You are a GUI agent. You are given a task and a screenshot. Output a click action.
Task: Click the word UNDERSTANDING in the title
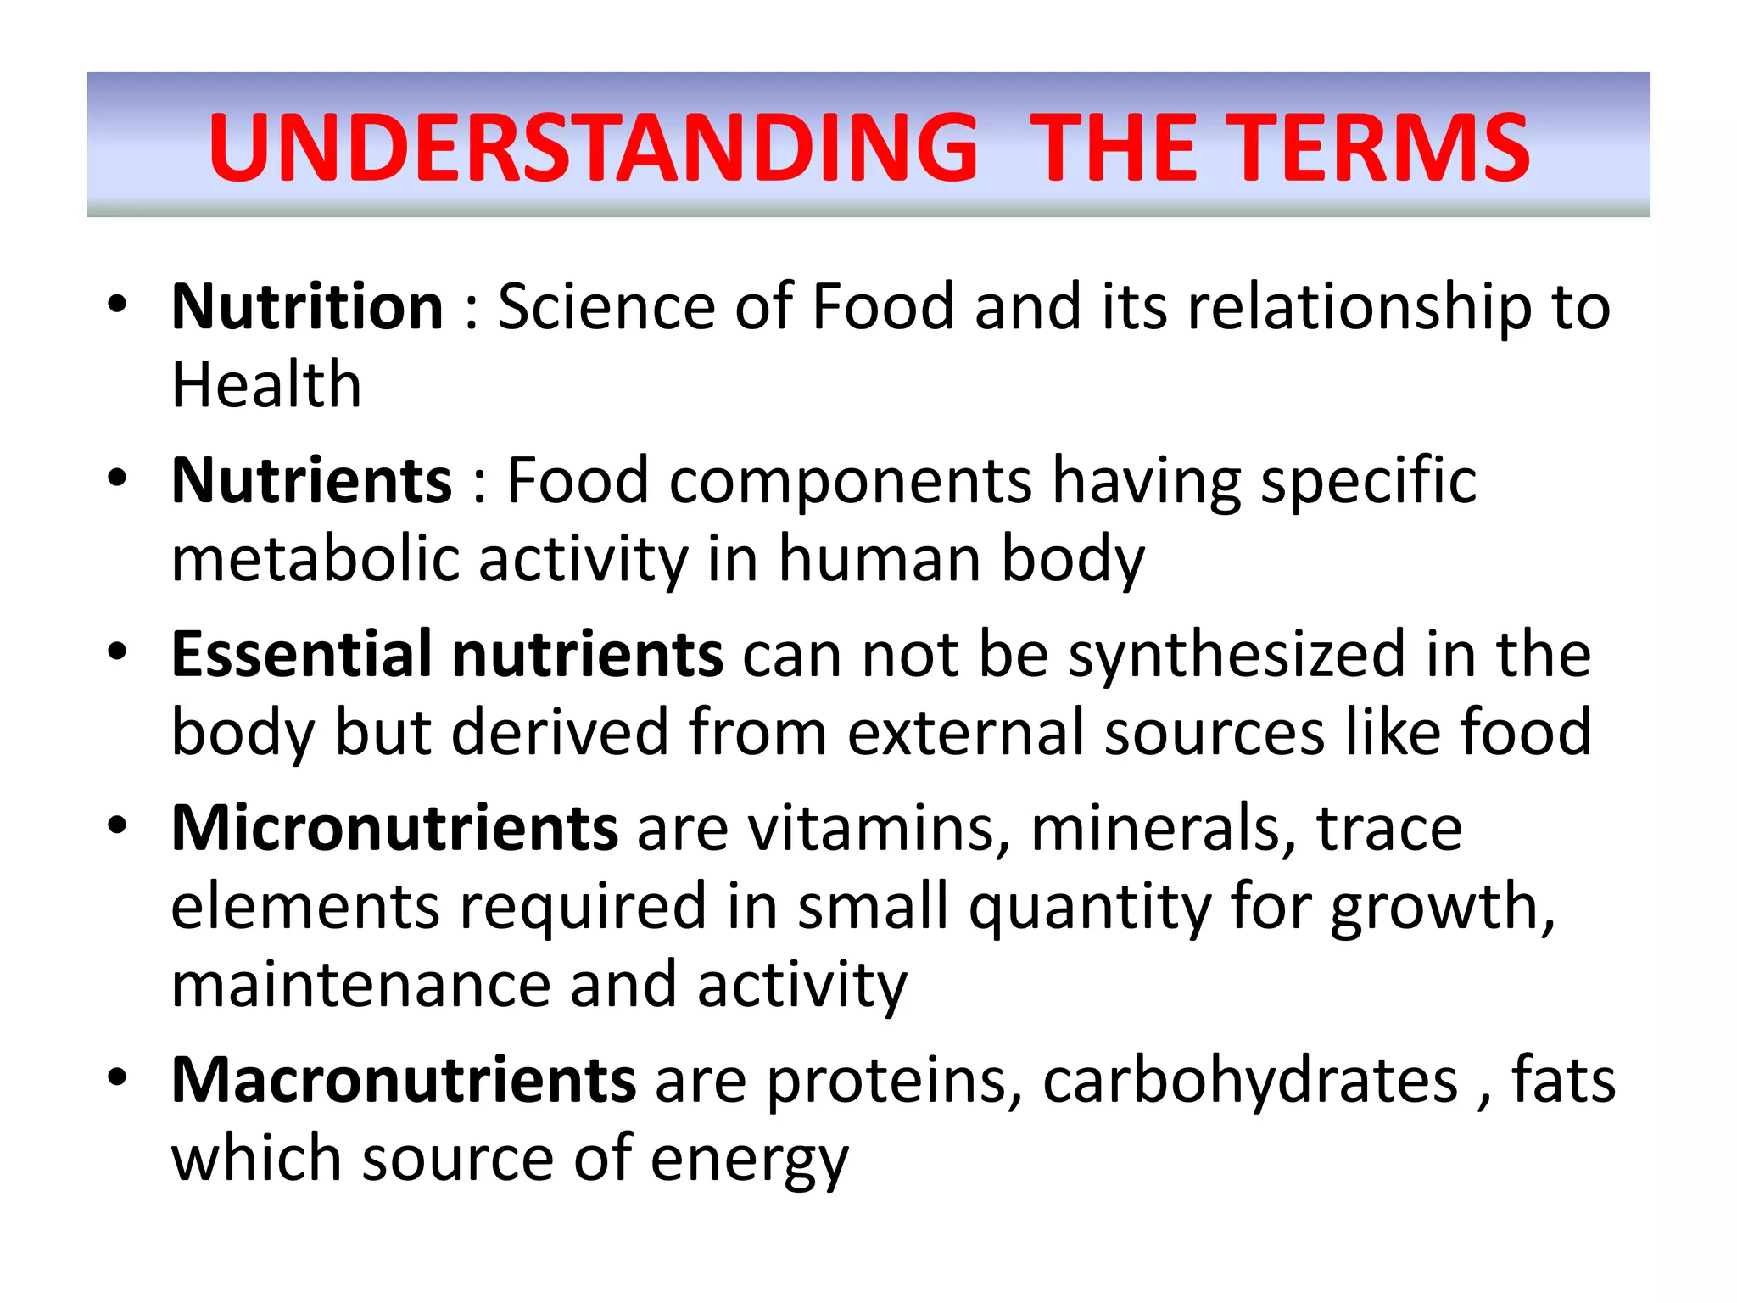pyautogui.click(x=594, y=148)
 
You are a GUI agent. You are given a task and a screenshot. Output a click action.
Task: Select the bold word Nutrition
pyautogui.click(x=307, y=306)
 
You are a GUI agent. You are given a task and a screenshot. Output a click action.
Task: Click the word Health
pyautogui.click(x=266, y=385)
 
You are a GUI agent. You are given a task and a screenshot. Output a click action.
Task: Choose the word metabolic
pyautogui.click(x=315, y=559)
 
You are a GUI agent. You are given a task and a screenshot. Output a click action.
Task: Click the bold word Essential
pyautogui.click(x=302, y=654)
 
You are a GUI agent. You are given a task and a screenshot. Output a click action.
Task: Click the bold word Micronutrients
pyautogui.click(x=394, y=828)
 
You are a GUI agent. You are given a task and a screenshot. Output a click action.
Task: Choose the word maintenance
pyautogui.click(x=360, y=985)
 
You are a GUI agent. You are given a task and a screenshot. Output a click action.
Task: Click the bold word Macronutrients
pyautogui.click(x=404, y=1080)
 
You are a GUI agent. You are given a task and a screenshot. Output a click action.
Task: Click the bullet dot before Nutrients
pyautogui.click(x=117, y=478)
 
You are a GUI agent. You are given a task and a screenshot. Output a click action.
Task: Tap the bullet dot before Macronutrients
pyautogui.click(x=117, y=1077)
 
